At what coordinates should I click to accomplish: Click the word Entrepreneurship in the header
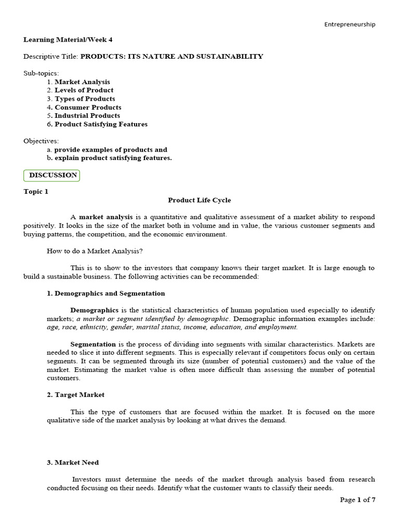click(350, 24)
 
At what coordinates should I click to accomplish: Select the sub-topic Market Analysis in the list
click(82, 82)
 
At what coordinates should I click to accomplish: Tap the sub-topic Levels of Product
click(84, 90)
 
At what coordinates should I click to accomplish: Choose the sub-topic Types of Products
click(85, 99)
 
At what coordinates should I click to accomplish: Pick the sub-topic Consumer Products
click(88, 107)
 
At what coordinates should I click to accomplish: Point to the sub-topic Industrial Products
click(87, 115)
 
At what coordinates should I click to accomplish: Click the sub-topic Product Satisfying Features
click(101, 124)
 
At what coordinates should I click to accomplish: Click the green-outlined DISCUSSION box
click(52, 175)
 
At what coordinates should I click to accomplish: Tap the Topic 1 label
click(36, 191)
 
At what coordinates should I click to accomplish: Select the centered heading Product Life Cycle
click(199, 200)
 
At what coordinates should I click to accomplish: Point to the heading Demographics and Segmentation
click(106, 294)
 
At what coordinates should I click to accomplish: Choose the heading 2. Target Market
click(76, 395)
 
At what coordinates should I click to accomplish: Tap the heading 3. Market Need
click(73, 462)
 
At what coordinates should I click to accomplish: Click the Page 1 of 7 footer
click(357, 500)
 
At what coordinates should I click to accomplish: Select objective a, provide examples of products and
click(111, 150)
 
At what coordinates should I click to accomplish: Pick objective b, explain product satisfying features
click(113, 158)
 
